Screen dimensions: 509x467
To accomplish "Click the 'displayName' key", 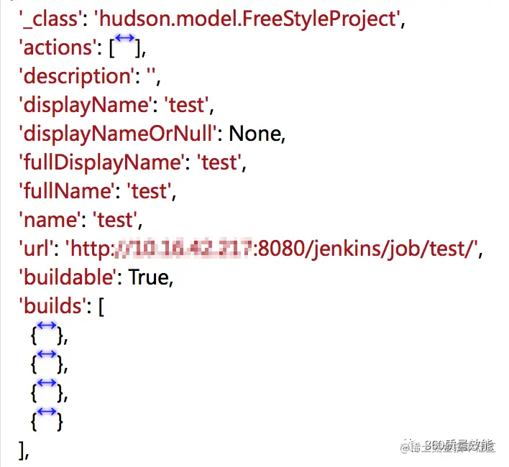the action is click(83, 105).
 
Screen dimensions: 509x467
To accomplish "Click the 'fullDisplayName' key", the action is click(99, 162).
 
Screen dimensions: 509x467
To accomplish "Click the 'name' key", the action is click(50, 220).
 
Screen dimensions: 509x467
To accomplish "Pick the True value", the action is click(150, 277).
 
